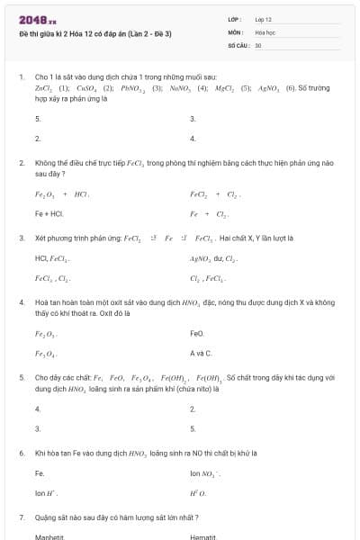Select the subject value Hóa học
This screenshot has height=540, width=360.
(265, 31)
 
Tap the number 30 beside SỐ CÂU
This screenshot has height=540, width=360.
(258, 44)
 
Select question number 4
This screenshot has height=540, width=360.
(21, 302)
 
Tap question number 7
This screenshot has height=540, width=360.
(21, 517)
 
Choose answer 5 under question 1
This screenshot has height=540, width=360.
(38, 119)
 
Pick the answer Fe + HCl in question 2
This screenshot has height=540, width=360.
(49, 214)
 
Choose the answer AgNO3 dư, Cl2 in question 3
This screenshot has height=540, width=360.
(213, 258)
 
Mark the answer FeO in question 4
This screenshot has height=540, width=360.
(197, 333)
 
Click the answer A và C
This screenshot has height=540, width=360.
(201, 354)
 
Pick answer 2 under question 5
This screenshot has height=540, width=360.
(193, 409)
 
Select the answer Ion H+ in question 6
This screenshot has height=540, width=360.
(46, 493)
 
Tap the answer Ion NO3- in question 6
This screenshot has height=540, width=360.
(205, 473)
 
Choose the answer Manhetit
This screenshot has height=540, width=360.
(50, 537)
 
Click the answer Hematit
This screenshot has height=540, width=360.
(203, 537)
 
